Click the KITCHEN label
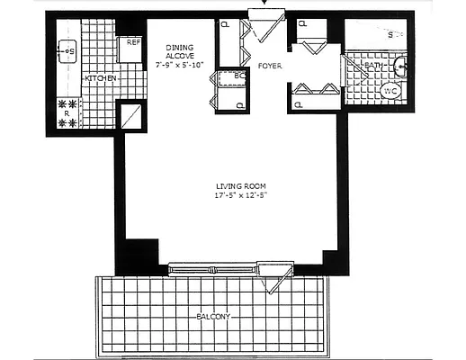click(x=101, y=79)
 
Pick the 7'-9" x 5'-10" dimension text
click(x=180, y=65)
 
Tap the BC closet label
click(x=239, y=76)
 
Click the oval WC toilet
click(x=391, y=92)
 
